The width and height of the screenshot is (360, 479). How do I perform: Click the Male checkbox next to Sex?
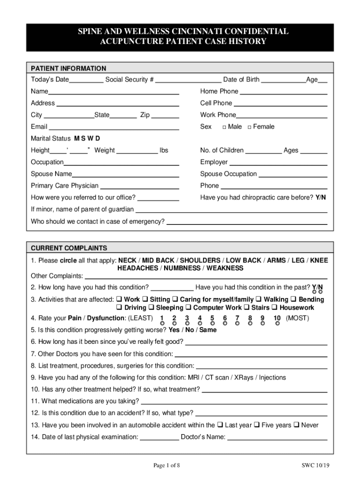(224, 127)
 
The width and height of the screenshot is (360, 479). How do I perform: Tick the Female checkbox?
(250, 127)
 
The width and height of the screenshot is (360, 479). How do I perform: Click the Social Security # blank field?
(188, 80)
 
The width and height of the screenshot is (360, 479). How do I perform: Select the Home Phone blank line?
(283, 92)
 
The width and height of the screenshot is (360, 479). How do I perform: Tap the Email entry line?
(114, 127)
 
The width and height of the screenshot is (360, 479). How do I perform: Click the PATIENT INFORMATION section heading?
(68, 68)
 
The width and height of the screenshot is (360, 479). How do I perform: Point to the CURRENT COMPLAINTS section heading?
(69, 248)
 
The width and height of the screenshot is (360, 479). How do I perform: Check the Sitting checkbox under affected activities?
(145, 299)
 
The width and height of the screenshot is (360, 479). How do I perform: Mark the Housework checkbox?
(275, 308)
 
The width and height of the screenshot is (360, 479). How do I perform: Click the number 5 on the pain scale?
(212, 319)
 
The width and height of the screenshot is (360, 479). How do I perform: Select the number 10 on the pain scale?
(277, 319)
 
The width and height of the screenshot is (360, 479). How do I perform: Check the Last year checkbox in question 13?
(220, 425)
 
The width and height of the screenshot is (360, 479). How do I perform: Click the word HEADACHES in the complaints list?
(137, 269)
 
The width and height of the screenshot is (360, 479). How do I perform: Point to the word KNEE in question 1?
(319, 261)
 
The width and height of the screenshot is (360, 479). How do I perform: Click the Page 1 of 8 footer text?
(166, 465)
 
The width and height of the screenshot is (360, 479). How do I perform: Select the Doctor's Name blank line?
(277, 438)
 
